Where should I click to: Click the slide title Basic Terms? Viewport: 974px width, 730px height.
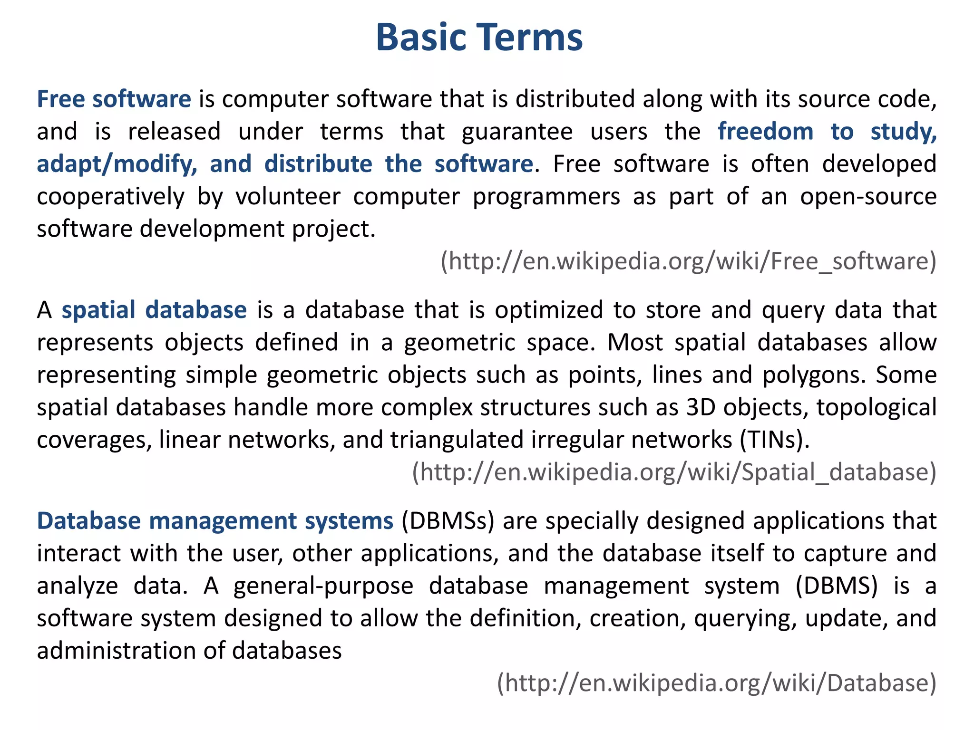(479, 37)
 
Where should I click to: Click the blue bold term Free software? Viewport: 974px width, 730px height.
(114, 99)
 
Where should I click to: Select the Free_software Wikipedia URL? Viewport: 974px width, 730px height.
(688, 261)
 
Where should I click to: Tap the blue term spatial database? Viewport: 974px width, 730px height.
(154, 310)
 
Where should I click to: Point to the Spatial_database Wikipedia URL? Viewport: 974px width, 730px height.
(674, 472)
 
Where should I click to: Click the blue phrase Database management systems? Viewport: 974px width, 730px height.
(215, 521)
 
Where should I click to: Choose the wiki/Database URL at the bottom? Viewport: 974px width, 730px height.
(716, 683)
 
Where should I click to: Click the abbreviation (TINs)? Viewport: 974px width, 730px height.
(774, 440)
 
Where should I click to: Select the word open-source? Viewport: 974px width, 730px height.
(868, 197)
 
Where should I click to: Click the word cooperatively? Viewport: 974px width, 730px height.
(110, 197)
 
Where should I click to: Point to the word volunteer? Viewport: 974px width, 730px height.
(288, 197)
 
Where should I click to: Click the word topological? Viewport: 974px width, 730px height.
(877, 407)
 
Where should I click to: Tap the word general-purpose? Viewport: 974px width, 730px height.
(323, 586)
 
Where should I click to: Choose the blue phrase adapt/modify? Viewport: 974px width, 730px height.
(117, 164)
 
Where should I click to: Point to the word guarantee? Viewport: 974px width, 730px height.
(517, 132)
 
